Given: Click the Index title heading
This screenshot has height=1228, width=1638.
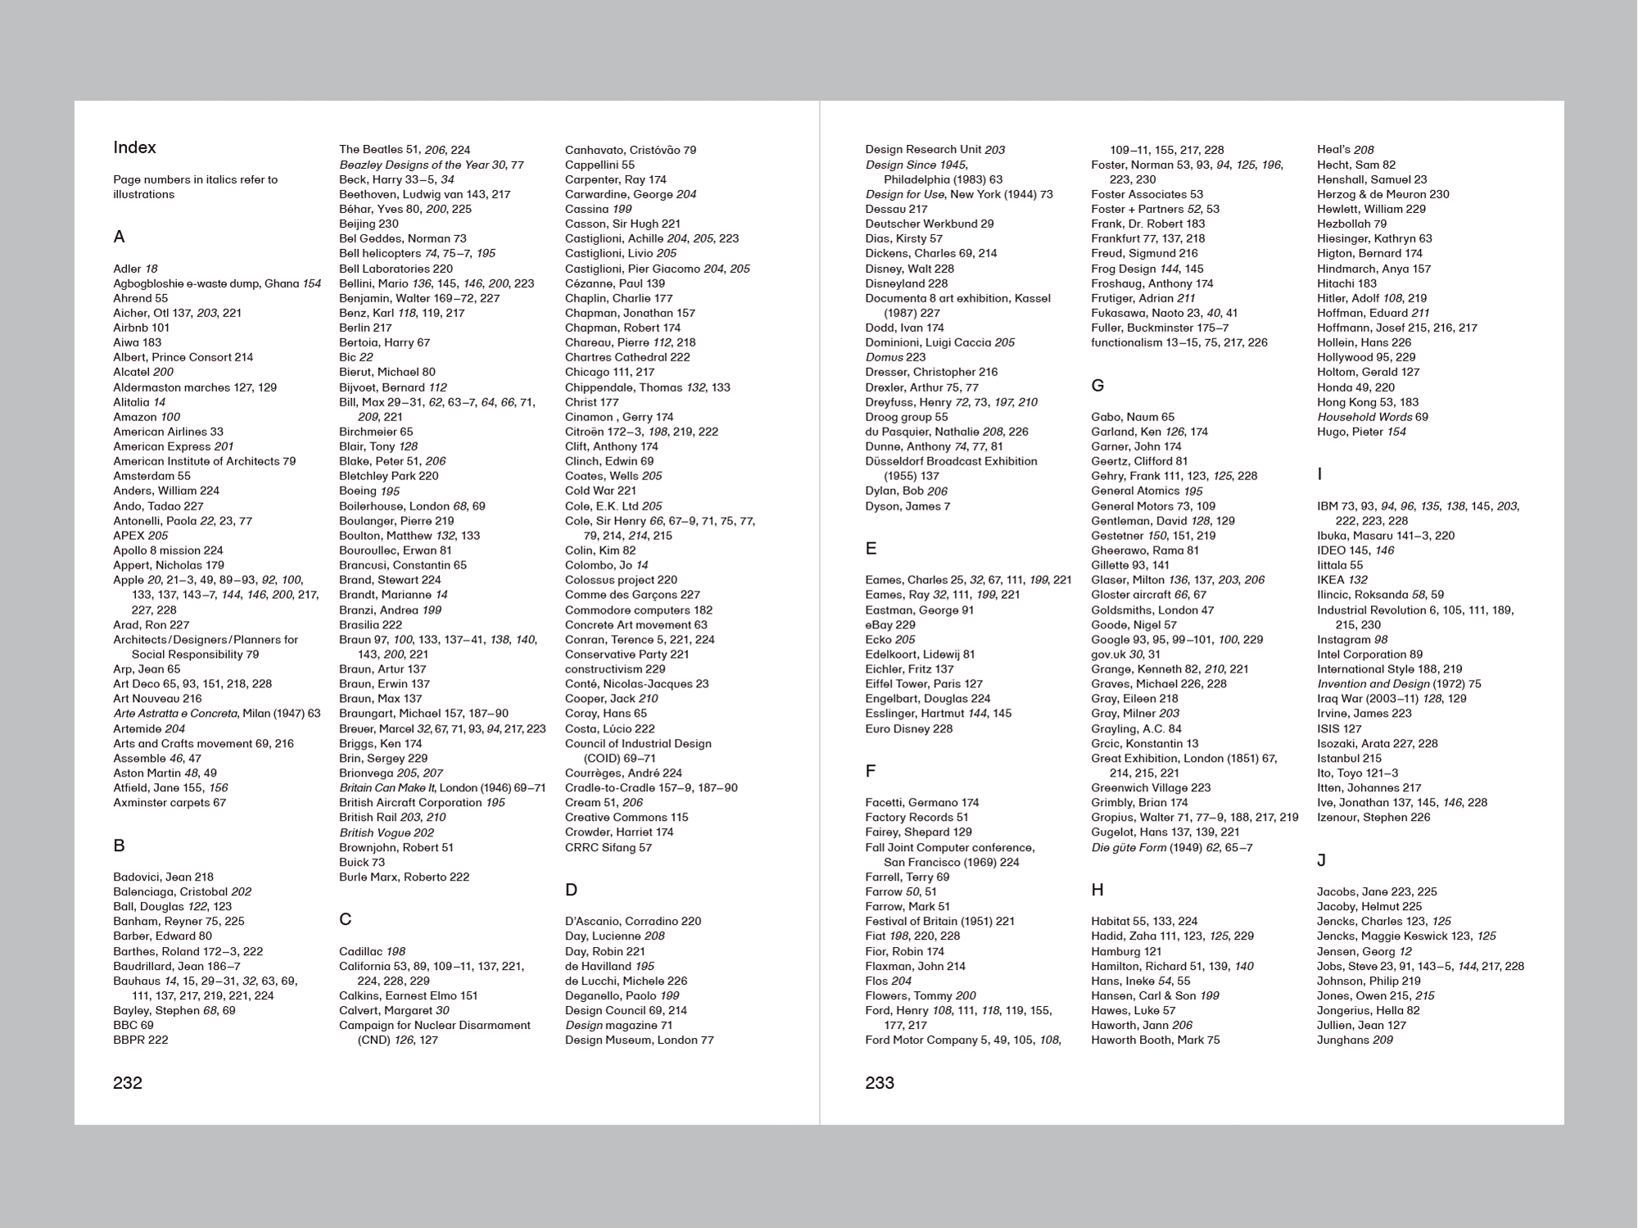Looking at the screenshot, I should tap(134, 147).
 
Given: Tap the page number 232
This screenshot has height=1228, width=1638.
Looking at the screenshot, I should tap(128, 1083).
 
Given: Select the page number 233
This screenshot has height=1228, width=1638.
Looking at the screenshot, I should tap(880, 1083).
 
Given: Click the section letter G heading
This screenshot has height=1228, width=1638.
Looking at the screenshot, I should tap(1097, 385).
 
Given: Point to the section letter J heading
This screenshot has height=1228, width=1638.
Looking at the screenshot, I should tap(1321, 860).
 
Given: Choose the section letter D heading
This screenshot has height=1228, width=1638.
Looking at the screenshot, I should tap(571, 890).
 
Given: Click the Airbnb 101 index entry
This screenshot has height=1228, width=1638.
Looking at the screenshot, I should tap(141, 328).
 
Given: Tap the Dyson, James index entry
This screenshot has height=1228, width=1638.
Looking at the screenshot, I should tap(907, 506).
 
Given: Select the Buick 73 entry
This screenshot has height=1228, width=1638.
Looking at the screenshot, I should tap(362, 862).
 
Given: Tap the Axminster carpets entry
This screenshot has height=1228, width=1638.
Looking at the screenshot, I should tap(170, 803).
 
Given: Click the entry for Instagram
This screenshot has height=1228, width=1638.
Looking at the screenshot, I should tap(1352, 640).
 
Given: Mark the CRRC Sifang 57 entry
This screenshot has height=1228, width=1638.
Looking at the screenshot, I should tap(609, 847).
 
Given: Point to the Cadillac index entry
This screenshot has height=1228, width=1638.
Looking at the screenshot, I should tap(373, 951).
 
